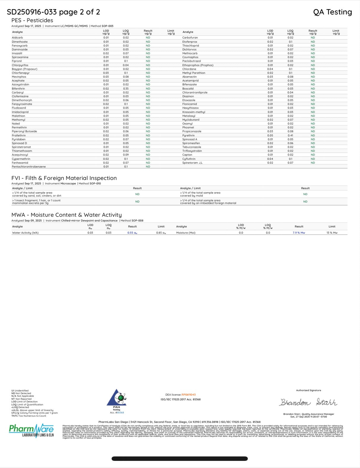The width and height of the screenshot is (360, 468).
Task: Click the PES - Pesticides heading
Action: [x=32, y=20]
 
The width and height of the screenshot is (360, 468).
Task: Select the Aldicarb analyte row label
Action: [x=17, y=38]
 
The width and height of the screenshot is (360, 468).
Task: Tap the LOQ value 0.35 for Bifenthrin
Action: [x=126, y=88]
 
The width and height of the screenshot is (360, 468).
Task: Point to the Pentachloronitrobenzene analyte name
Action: [x=29, y=167]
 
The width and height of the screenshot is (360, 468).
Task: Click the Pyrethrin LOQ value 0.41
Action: [x=290, y=136]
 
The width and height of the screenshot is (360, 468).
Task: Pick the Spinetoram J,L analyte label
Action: [x=192, y=163]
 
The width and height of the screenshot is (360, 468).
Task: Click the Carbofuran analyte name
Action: [x=190, y=38]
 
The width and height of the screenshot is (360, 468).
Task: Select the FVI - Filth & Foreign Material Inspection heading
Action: [x=64, y=178]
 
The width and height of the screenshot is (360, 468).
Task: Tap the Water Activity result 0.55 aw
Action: [x=132, y=233]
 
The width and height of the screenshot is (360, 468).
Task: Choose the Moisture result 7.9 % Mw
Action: [x=299, y=233]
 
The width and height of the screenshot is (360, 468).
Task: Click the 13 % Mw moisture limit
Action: [x=332, y=233]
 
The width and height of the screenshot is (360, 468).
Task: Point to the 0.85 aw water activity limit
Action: [x=161, y=233]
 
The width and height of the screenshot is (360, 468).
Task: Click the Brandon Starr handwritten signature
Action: [x=308, y=402]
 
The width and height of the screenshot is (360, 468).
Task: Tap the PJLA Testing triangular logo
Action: [x=117, y=398]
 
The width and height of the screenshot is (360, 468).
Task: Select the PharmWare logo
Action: [x=31, y=430]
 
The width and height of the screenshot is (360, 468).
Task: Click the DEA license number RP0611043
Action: [x=188, y=395]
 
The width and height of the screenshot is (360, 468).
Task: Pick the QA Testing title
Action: [x=332, y=12]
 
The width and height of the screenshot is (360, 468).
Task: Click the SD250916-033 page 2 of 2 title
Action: [x=53, y=12]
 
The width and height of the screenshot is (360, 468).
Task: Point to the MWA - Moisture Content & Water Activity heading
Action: [x=66, y=215]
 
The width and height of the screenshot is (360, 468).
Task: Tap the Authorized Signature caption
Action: [x=308, y=390]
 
